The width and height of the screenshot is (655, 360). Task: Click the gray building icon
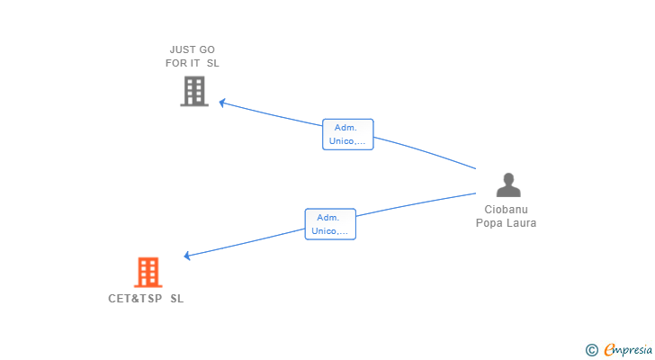tap(193, 91)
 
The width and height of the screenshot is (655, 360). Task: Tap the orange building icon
tap(148, 272)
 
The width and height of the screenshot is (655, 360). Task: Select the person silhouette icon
tap(508, 184)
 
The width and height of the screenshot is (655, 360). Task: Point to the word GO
tap(207, 49)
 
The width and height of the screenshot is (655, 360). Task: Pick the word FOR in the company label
tap(176, 63)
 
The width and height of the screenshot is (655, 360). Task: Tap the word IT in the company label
tap(196, 63)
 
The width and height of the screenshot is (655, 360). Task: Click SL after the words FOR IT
tap(213, 63)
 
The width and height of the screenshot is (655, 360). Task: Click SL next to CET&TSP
tap(176, 298)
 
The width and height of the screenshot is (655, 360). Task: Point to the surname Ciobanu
tap(506, 210)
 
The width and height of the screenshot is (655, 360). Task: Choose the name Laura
tap(521, 223)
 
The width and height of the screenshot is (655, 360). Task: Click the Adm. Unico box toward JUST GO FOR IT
tap(347, 134)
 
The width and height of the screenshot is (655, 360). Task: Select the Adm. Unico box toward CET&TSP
tap(330, 224)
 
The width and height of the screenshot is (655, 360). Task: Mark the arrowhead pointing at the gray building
tap(223, 103)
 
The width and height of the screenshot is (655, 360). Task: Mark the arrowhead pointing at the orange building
tap(187, 256)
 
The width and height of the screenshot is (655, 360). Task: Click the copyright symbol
tap(591, 350)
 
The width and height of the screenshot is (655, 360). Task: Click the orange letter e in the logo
tap(609, 350)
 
